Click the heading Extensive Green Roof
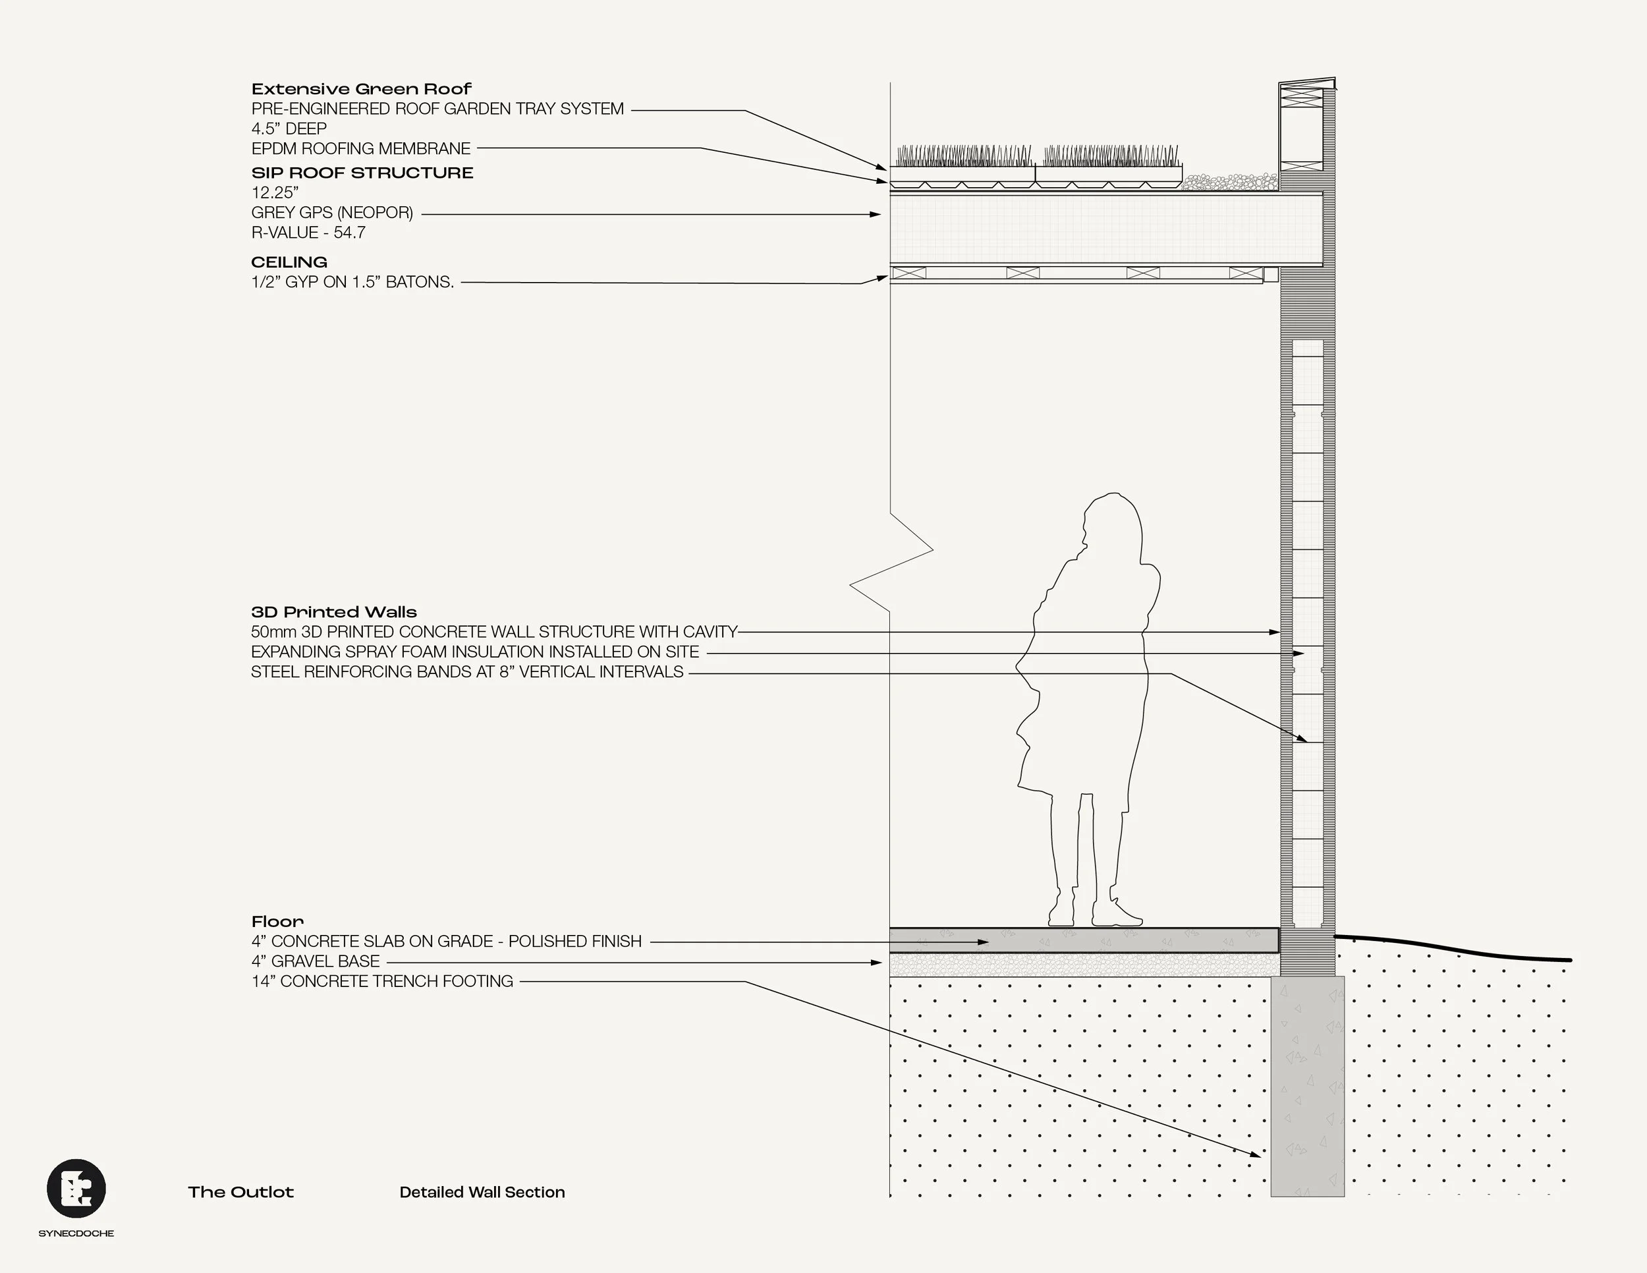pyautogui.click(x=361, y=89)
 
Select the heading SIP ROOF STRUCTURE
pyautogui.click(x=362, y=173)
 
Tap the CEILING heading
pyautogui.click(x=289, y=262)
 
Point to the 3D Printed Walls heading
pyautogui.click(x=333, y=612)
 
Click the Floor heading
pyautogui.click(x=277, y=922)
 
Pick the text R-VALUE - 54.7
pyautogui.click(x=308, y=233)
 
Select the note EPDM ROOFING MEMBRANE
pyautogui.click(x=360, y=148)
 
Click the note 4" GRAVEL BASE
pyautogui.click(x=315, y=961)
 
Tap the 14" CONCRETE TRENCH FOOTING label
pyautogui.click(x=381, y=981)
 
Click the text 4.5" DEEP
pyautogui.click(x=289, y=129)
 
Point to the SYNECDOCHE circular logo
pyautogui.click(x=76, y=1189)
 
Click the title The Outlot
pyautogui.click(x=240, y=1193)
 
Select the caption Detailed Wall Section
pyautogui.click(x=482, y=1193)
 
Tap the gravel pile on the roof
pyautogui.click(x=1229, y=182)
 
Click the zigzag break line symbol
pyautogui.click(x=891, y=565)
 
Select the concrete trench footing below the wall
pyautogui.click(x=1307, y=1086)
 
